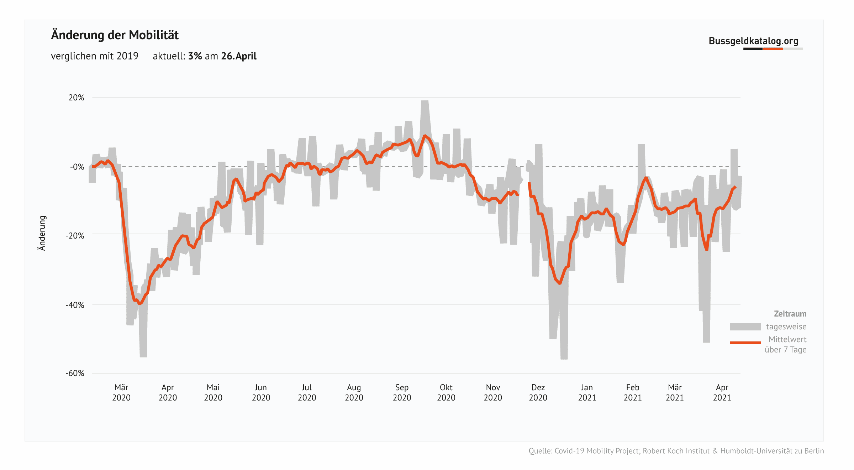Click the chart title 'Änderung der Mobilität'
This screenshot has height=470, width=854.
[115, 35]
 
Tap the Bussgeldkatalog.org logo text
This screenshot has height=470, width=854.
[753, 41]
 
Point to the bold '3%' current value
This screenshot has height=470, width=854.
[195, 56]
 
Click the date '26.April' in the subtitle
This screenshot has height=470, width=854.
[239, 56]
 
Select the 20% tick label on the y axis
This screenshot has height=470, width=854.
[77, 98]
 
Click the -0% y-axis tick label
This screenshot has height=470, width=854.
[77, 167]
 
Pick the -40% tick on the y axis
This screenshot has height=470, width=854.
[75, 305]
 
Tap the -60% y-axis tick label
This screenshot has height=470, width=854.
[75, 373]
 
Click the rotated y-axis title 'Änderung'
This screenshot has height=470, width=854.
[42, 233]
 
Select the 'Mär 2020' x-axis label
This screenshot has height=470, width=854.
[121, 392]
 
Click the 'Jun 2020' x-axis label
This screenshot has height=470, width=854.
[261, 392]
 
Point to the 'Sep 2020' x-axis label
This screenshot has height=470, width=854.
[402, 392]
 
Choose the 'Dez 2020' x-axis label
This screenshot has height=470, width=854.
[538, 392]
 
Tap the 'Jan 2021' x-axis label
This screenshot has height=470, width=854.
[587, 392]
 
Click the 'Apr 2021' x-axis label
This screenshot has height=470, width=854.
[722, 392]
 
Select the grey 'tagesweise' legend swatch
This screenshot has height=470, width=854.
[745, 327]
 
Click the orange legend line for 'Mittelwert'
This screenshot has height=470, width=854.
[745, 343]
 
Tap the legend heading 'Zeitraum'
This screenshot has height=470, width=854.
[790, 314]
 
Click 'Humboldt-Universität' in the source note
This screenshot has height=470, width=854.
[756, 451]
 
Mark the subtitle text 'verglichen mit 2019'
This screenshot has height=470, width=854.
[95, 56]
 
